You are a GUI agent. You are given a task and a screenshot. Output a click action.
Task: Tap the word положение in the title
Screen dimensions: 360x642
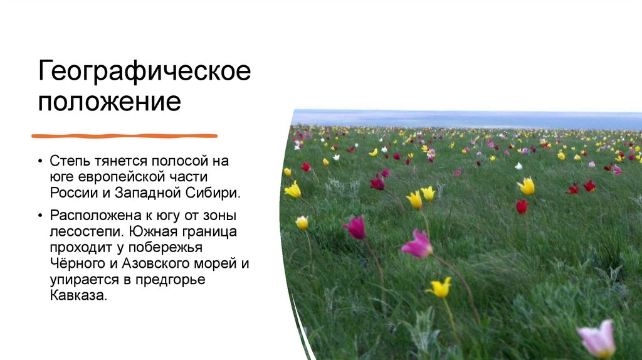110,101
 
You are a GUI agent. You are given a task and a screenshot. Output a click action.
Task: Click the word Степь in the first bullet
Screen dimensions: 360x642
70,161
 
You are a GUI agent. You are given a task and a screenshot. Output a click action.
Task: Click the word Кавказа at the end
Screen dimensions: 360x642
78,295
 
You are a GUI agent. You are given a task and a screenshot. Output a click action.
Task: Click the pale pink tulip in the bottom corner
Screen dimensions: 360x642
597,339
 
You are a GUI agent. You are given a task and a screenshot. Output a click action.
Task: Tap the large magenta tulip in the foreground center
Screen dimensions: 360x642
417,244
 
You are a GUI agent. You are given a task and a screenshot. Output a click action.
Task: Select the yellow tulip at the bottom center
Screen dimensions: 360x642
439,287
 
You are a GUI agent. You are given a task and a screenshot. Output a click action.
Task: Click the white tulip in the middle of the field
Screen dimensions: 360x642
518,166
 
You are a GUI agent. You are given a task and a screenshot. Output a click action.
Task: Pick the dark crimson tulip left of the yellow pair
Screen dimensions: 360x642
377,183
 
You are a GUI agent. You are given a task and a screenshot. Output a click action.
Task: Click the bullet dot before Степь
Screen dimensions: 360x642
41,161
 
